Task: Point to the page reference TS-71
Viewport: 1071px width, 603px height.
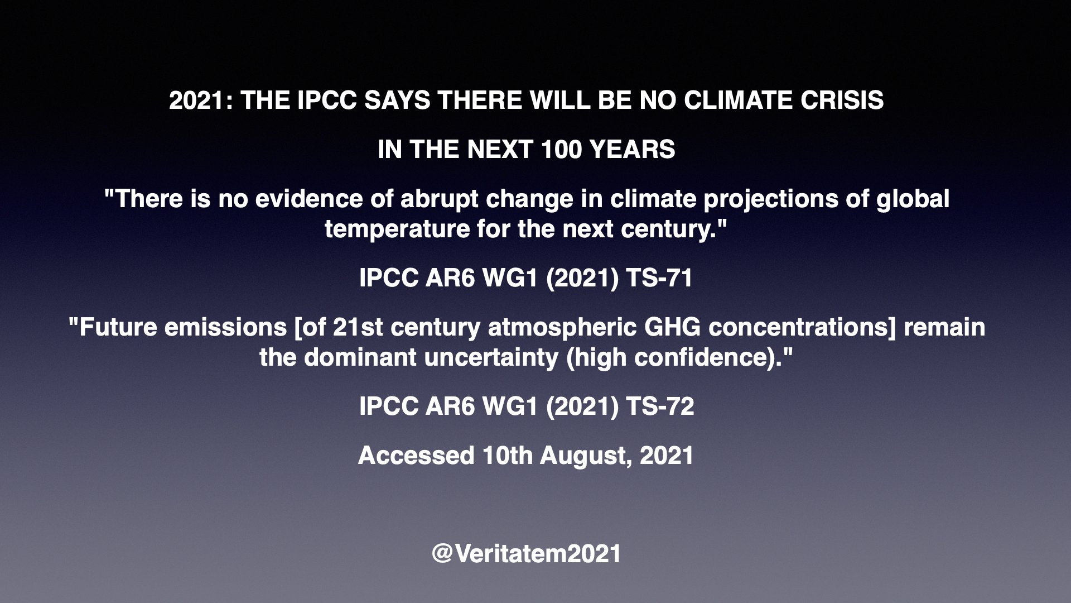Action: click(659, 278)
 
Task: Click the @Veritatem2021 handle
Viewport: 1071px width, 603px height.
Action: click(526, 554)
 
